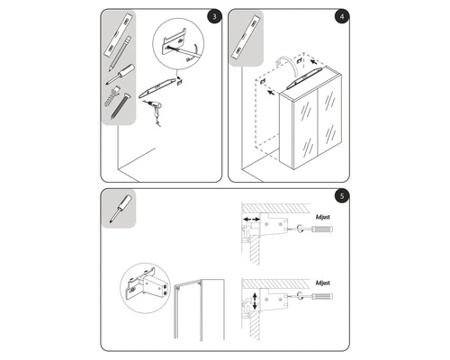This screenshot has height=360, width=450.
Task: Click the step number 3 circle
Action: point(211,17)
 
